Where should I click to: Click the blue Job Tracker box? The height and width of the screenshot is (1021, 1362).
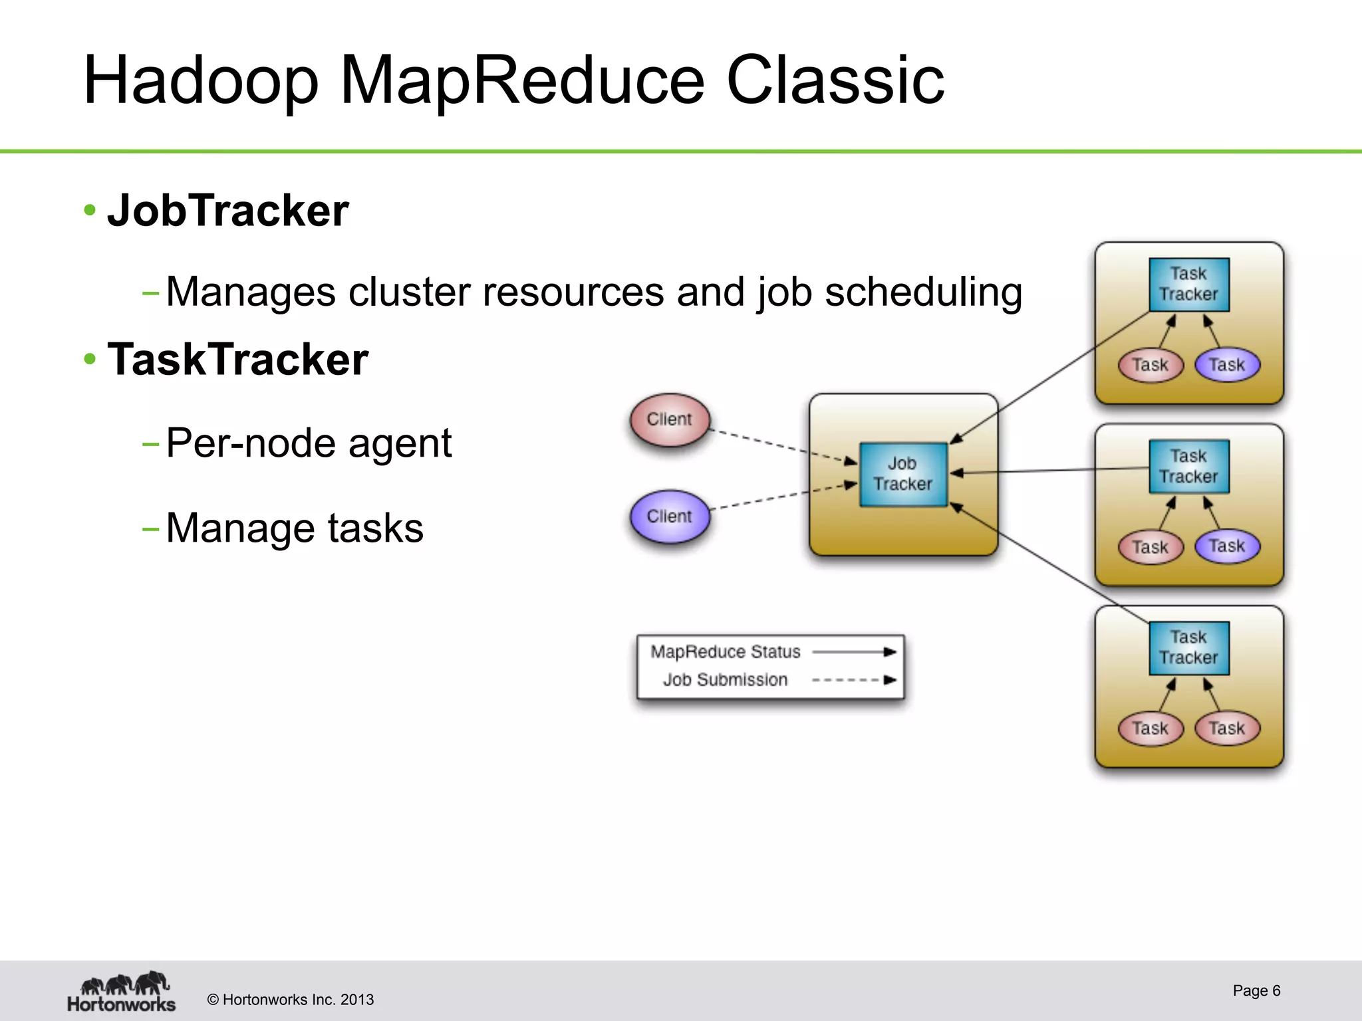coord(902,474)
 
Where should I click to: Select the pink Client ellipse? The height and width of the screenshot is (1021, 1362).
coord(670,419)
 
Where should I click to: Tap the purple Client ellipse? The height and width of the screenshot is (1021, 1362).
coord(670,516)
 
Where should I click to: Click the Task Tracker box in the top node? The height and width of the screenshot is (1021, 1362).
coord(1188,284)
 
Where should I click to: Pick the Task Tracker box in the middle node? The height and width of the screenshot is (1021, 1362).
coord(1188,467)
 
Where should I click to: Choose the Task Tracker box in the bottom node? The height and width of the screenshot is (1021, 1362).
coord(1188,648)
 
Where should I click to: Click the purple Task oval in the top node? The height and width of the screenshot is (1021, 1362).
coord(1227,365)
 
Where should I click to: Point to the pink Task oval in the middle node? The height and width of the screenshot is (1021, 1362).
coord(1151,547)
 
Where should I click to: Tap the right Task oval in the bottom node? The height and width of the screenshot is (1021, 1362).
coord(1227,728)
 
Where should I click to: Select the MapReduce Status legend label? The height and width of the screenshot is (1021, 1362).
coord(725,652)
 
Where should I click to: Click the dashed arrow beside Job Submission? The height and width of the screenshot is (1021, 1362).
coord(855,680)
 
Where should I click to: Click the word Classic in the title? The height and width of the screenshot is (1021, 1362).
coord(835,80)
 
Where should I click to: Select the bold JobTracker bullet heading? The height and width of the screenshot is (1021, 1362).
coord(227,211)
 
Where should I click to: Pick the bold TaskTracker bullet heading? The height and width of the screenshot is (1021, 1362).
coord(237,360)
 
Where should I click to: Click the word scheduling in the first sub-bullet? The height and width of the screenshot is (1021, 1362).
coord(923,292)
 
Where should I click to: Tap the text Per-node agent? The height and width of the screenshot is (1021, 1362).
coord(309,443)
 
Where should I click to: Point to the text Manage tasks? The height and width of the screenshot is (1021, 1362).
coord(294,528)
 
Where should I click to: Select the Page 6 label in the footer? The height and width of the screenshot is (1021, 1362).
coord(1256,990)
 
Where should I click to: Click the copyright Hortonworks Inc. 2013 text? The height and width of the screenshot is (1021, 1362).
coord(291,1000)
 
